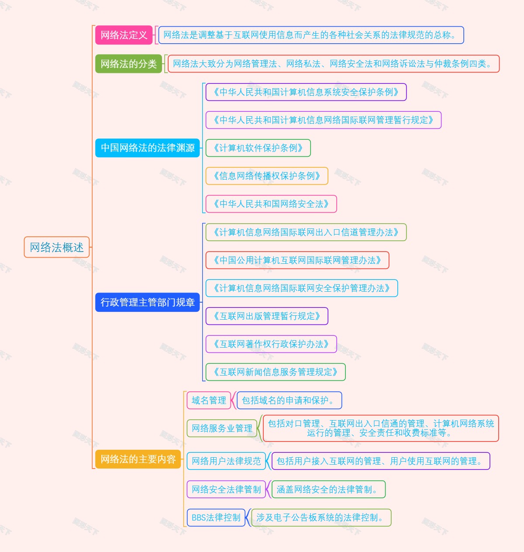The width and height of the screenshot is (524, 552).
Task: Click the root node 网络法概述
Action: click(57, 247)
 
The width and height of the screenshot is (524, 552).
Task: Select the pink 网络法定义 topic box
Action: click(124, 35)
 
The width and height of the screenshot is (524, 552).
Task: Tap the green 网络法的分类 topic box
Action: click(128, 64)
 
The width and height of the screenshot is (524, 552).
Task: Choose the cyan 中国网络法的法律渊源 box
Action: click(148, 148)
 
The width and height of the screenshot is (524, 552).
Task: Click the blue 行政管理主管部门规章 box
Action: click(148, 302)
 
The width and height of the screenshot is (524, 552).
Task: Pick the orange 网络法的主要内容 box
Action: click(138, 459)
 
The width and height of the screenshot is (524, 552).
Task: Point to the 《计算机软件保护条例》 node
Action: click(258, 148)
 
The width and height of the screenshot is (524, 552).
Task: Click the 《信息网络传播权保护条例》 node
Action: click(267, 176)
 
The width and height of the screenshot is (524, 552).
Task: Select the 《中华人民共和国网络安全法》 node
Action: click(271, 204)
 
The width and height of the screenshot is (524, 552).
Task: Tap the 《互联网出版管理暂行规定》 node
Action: click(267, 316)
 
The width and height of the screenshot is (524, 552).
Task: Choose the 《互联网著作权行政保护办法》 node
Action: click(271, 344)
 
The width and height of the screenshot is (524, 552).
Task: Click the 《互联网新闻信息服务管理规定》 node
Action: click(276, 372)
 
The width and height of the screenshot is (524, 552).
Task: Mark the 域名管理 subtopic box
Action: click(209, 400)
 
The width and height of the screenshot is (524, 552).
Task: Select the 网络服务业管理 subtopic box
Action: click(222, 428)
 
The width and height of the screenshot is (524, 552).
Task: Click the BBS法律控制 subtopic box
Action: click(216, 517)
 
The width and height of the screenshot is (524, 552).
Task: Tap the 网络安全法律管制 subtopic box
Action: click(226, 490)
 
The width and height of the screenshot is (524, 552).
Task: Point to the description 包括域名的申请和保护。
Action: click(289, 400)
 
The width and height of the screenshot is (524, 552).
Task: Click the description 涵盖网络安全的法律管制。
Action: click(328, 490)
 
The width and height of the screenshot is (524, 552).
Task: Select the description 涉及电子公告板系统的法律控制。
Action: click(321, 517)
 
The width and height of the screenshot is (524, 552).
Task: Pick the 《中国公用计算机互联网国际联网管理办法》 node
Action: click(297, 260)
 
